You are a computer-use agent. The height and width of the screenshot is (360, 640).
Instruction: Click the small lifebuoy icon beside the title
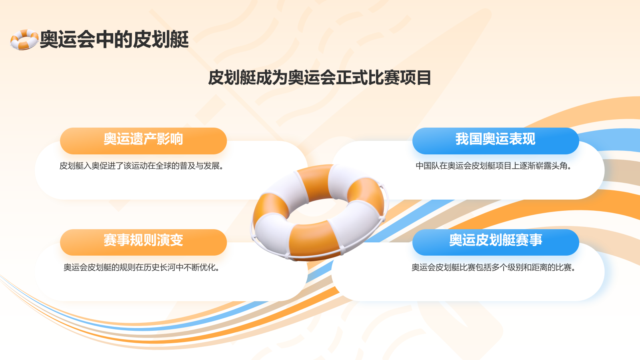(24, 40)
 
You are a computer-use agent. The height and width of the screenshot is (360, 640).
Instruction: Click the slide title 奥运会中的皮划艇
(114, 40)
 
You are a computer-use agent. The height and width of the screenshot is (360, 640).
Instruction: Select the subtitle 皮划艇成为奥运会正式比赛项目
(320, 78)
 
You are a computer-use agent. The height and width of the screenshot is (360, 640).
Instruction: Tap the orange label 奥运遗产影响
(143, 139)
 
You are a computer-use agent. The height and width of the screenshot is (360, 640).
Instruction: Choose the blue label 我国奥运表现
(495, 139)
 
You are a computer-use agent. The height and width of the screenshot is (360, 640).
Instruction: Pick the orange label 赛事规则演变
(143, 240)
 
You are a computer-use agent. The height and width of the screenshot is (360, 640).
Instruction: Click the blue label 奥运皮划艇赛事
(495, 240)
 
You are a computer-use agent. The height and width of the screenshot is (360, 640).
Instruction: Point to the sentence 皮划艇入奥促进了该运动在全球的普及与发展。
(141, 166)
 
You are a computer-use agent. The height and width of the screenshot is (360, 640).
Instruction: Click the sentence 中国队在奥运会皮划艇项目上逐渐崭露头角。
(493, 166)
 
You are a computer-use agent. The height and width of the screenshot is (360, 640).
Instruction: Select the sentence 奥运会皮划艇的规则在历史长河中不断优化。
(141, 268)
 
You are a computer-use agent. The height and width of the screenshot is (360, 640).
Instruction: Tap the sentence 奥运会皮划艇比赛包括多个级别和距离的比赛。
(493, 268)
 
